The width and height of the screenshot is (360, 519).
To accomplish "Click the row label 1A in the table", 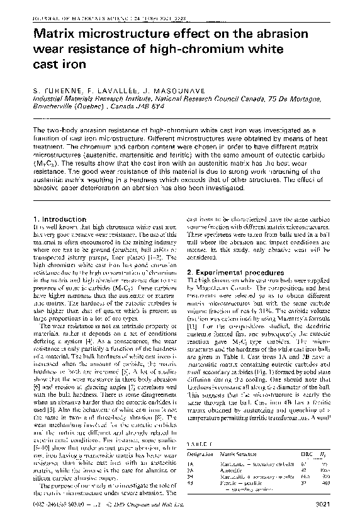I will [x=191, y=464].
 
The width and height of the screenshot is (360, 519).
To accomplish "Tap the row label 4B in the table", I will [x=191, y=482].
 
